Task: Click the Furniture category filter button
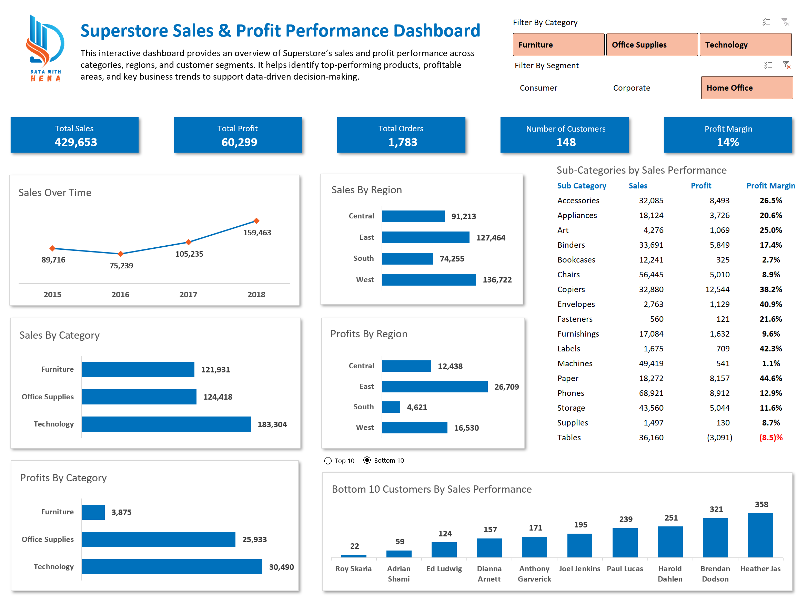click(x=558, y=45)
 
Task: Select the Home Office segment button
click(x=746, y=88)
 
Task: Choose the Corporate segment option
click(x=631, y=88)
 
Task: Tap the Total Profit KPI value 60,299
click(x=239, y=142)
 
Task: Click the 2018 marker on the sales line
click(x=256, y=220)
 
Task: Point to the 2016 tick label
click(x=120, y=294)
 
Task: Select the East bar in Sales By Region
click(x=425, y=237)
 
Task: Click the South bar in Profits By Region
click(x=391, y=407)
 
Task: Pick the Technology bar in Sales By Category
click(x=166, y=424)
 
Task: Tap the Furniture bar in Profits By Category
click(x=93, y=512)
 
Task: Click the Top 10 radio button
click(x=327, y=461)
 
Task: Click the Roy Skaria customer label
click(x=353, y=568)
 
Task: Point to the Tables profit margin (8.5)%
click(x=770, y=438)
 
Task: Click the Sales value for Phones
click(x=651, y=393)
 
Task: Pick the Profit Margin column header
click(x=770, y=185)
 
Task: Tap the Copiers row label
click(x=571, y=289)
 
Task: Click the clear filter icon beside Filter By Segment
click(x=786, y=65)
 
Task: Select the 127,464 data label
click(x=491, y=238)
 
